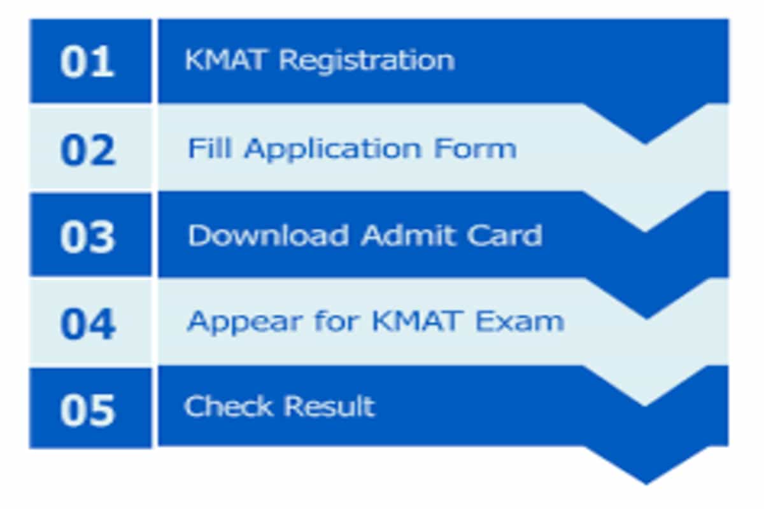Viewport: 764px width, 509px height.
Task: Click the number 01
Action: coord(87,62)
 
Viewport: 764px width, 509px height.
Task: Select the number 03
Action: coord(88,237)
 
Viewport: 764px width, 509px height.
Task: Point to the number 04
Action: coord(88,324)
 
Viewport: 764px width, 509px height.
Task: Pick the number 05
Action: coord(88,410)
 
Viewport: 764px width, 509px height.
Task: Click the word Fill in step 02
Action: coord(211,149)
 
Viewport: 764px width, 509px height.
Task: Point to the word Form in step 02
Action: coord(475,149)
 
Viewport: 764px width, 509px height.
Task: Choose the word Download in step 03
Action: coord(268,236)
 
